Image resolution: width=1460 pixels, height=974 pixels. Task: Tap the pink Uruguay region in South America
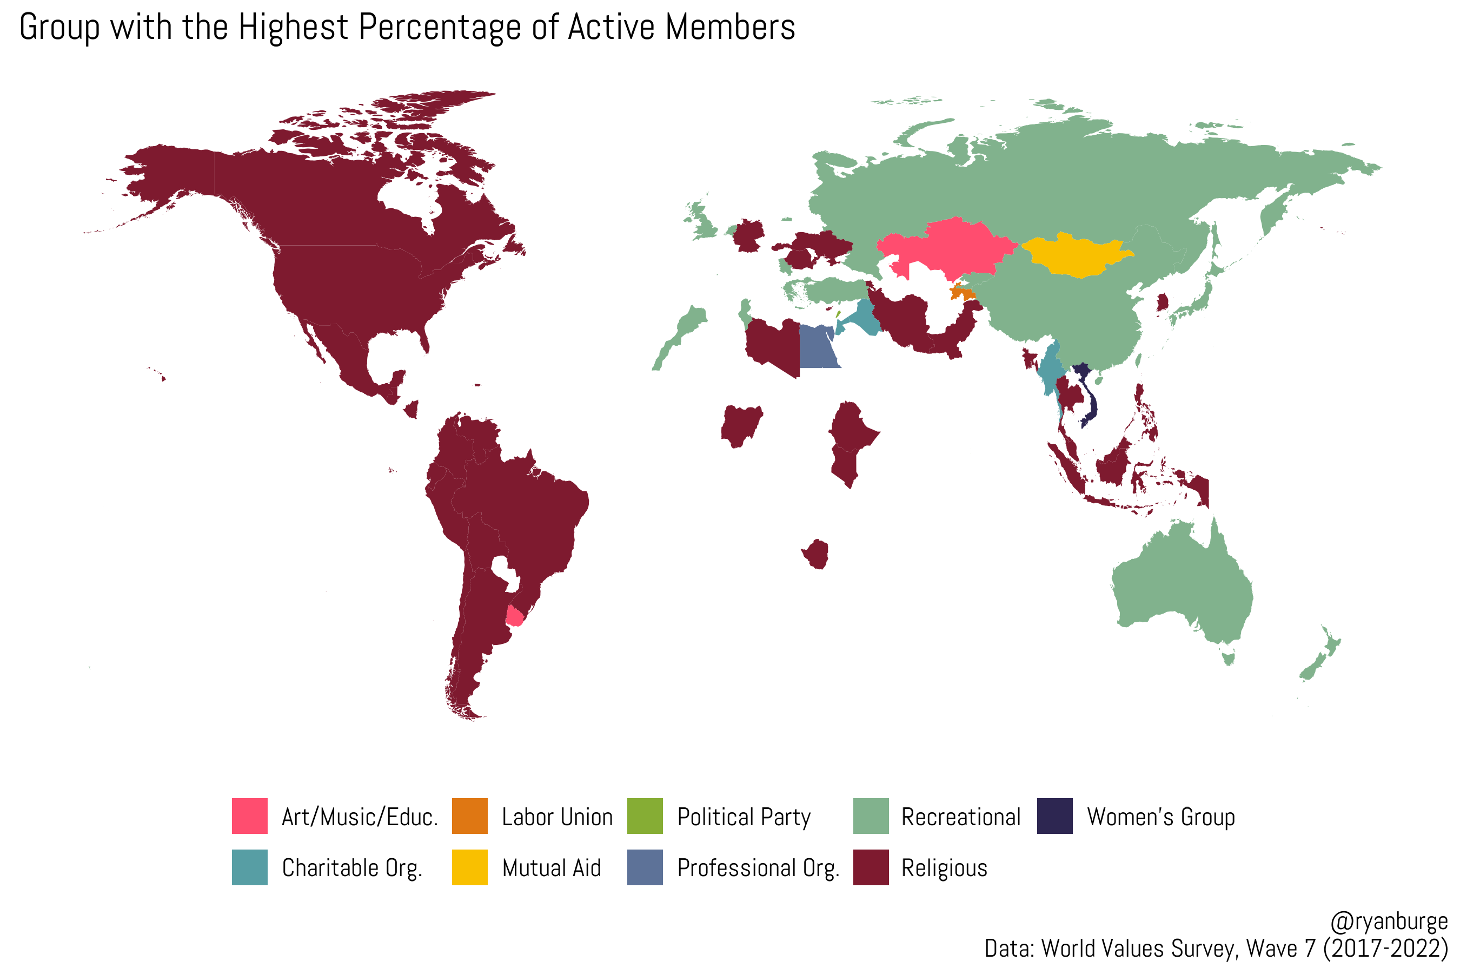tap(515, 616)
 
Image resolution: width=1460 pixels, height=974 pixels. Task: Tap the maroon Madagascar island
tap(817, 554)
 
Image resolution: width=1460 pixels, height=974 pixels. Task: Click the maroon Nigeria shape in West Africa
tap(741, 425)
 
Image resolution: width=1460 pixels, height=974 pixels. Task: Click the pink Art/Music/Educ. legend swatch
tap(249, 815)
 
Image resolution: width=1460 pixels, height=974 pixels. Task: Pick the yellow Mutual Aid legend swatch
tap(469, 867)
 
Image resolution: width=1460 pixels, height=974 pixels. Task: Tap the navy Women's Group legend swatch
tap(1054, 815)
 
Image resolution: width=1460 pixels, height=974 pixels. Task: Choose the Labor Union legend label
tap(557, 817)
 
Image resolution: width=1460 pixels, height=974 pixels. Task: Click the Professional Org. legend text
tap(758, 868)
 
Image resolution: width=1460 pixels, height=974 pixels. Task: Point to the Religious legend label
tap(944, 868)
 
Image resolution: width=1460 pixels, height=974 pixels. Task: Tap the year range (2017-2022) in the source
tap(1385, 949)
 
